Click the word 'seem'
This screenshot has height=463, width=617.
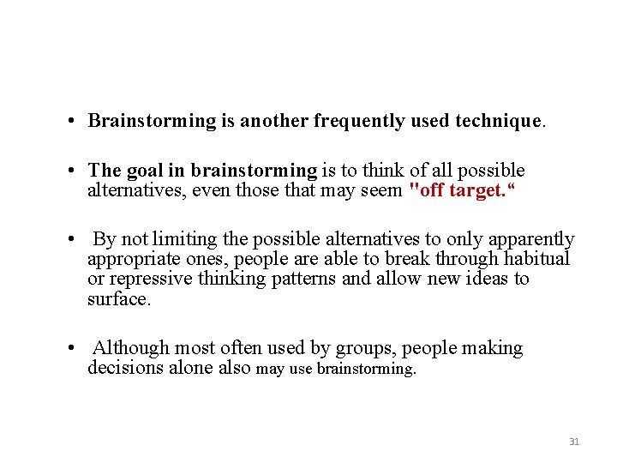point(383,189)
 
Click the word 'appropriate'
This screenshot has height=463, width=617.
point(133,259)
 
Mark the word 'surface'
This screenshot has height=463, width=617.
point(117,298)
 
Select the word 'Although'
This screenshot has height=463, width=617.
point(131,348)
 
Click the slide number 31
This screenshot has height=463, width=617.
point(574,442)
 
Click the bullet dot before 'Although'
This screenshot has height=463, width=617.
point(77,349)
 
